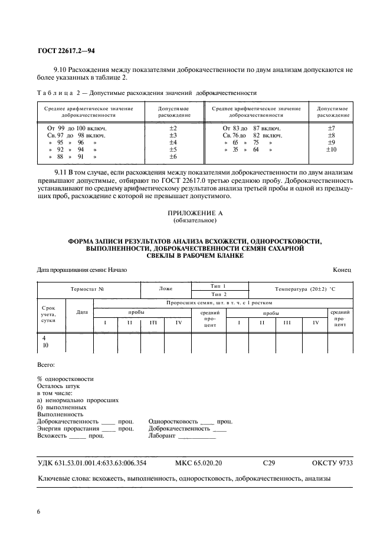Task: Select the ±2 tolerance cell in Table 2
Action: [x=173, y=128]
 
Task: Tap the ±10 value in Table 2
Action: [x=331, y=150]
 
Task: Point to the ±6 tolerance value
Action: [x=173, y=157]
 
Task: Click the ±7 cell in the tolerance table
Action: [x=331, y=128]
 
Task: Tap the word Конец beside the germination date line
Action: [x=342, y=270]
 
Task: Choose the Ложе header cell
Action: [x=166, y=290]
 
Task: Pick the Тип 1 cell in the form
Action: [x=219, y=285]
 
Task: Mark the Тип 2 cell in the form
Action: [x=219, y=294]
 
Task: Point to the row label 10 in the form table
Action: [x=45, y=346]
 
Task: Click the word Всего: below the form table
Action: [x=45, y=366]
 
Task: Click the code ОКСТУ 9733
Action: [x=332, y=464]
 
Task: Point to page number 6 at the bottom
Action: [x=40, y=511]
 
